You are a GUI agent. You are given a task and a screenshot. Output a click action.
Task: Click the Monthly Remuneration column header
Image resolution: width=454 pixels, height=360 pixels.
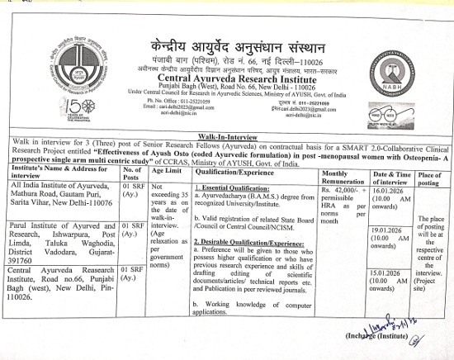pos(343,173)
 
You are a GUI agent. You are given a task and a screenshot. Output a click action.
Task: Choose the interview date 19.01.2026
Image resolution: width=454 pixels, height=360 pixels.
pos(390,230)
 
